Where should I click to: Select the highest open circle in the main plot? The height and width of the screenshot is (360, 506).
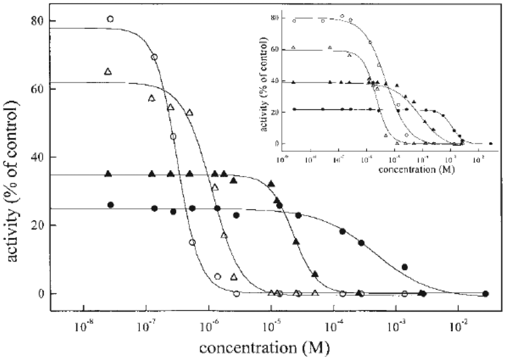pos(110,19)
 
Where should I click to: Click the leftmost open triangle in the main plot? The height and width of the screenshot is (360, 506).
pos(108,72)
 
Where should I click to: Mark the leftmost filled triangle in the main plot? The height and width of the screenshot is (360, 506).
pos(108,174)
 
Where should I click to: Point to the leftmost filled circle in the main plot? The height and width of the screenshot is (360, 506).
pos(111,205)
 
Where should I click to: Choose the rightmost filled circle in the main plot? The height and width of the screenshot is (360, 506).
pos(485,293)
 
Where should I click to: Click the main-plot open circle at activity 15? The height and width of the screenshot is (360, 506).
pos(192,242)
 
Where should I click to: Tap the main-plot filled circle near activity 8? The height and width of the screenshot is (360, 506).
pos(405,267)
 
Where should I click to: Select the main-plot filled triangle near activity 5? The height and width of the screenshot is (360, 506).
pos(315,274)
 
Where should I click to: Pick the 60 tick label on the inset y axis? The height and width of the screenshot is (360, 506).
pos(276,49)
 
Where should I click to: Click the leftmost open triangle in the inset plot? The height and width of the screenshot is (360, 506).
pos(294,47)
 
